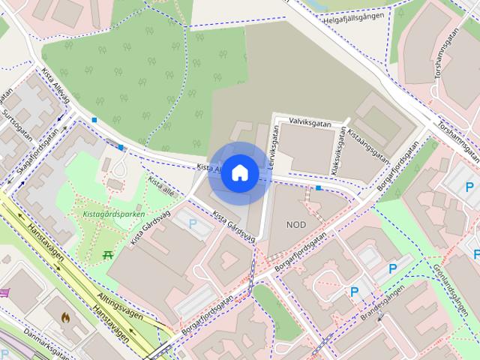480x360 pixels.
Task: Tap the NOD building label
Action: (x=296, y=224)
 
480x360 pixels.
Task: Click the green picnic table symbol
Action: (x=108, y=255)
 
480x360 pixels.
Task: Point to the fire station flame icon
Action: (x=66, y=317)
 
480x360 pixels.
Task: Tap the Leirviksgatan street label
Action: (x=273, y=146)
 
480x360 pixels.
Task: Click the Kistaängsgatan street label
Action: (x=367, y=145)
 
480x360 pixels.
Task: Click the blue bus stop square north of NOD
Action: (x=319, y=187)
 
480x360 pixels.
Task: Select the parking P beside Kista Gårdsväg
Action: (x=193, y=223)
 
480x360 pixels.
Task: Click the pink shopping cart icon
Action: (x=4, y=292)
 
